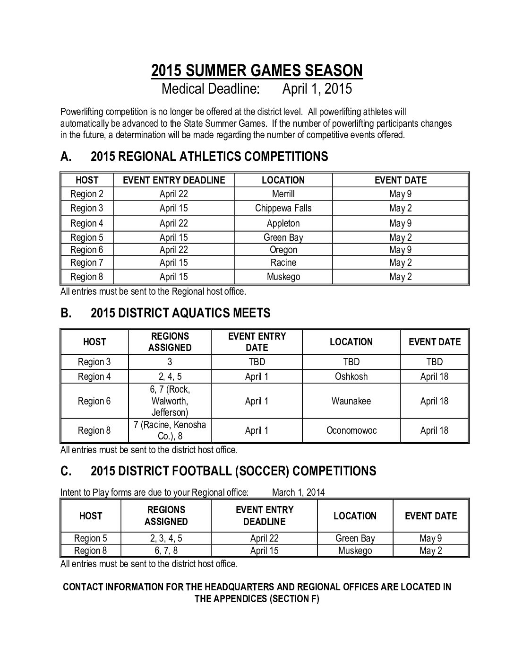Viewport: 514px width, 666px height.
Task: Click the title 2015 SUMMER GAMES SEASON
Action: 257,70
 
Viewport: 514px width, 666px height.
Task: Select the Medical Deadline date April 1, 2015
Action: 317,88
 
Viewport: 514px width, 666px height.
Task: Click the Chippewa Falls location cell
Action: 283,208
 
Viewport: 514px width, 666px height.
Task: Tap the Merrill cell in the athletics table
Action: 283,194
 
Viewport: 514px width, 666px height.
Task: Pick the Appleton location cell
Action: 283,223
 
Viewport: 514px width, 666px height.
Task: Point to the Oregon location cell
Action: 283,250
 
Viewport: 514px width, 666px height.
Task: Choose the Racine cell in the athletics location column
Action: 283,263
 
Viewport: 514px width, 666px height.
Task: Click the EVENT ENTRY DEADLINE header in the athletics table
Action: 174,180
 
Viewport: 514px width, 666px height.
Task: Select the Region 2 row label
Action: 87,194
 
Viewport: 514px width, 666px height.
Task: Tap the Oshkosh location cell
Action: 351,377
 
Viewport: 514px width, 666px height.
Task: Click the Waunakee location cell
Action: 351,401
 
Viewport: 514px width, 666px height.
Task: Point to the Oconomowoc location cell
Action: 351,430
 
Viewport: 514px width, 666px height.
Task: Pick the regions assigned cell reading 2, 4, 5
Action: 170,377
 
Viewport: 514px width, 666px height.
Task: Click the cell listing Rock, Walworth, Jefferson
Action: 170,401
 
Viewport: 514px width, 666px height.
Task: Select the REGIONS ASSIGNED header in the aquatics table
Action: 170,342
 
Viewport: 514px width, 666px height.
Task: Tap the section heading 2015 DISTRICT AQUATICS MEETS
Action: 180,313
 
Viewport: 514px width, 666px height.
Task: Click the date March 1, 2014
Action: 298,492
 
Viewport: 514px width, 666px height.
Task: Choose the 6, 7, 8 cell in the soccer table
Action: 166,551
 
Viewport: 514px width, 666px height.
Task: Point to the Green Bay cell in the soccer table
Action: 355,538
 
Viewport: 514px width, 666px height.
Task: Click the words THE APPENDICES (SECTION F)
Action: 257,599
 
